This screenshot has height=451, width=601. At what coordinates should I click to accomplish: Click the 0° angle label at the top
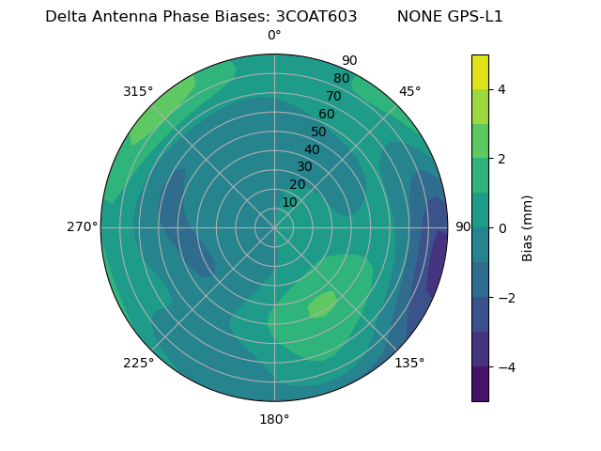click(x=274, y=36)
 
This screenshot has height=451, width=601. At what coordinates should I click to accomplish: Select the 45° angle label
click(x=409, y=91)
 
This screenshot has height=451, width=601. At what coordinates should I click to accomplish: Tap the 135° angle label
click(x=409, y=363)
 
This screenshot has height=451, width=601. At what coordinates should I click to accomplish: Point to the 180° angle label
click(x=274, y=419)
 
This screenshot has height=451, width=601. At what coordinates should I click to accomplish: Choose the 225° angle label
click(x=138, y=363)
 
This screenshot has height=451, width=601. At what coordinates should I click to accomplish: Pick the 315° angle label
click(x=138, y=91)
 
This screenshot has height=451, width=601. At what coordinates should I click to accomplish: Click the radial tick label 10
click(x=289, y=202)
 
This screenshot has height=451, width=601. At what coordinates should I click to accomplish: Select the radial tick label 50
click(x=318, y=132)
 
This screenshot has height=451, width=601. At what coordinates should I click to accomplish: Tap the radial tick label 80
click(x=341, y=78)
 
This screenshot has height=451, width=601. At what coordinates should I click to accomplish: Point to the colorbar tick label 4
click(x=501, y=89)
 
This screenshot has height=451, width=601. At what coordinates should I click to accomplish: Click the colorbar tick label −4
click(x=505, y=366)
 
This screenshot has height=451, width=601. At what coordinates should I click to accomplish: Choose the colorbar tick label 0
click(x=501, y=227)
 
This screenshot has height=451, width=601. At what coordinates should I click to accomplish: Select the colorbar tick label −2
click(x=505, y=297)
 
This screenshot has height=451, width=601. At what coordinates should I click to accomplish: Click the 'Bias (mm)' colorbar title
click(x=528, y=227)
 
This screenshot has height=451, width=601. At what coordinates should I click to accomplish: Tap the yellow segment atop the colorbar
click(x=480, y=71)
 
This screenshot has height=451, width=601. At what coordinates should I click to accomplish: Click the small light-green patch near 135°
click(x=321, y=304)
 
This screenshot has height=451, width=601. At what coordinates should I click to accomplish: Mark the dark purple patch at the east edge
click(x=437, y=263)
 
